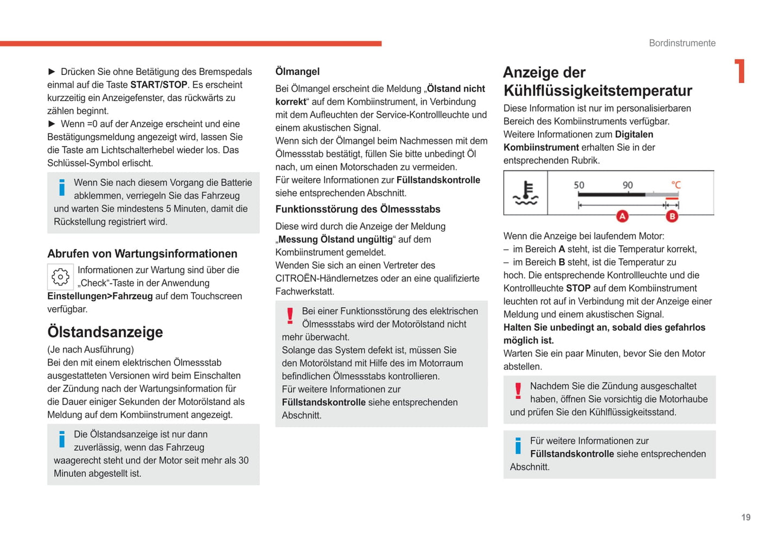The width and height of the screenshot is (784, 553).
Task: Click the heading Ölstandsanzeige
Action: point(105,332)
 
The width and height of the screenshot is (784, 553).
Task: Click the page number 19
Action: point(745,517)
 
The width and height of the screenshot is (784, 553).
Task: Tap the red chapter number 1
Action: point(740,71)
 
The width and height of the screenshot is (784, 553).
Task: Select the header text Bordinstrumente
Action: point(682,43)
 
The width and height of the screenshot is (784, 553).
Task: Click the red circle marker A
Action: point(622,216)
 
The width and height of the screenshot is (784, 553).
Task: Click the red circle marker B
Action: point(672,216)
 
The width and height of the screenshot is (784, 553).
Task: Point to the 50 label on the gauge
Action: point(579,185)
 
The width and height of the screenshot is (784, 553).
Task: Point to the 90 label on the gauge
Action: point(627,185)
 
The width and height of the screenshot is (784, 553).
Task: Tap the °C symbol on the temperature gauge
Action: point(675,185)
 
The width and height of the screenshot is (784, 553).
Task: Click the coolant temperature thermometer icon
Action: point(525,193)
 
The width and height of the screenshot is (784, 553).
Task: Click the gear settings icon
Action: point(60,277)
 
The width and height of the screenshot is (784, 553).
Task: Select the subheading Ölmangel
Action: point(297,72)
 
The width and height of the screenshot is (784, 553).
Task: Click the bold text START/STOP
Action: point(158,85)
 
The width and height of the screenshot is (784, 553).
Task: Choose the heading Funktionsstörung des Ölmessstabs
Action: point(358,209)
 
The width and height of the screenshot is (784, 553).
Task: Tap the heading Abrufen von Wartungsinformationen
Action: point(142,253)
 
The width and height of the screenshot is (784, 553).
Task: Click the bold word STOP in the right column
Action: point(578,288)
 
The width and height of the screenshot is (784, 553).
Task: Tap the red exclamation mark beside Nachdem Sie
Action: point(518,390)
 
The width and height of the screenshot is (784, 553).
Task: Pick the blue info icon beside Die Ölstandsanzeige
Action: point(62,439)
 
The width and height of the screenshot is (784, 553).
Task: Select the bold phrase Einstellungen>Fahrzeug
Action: point(100,296)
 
